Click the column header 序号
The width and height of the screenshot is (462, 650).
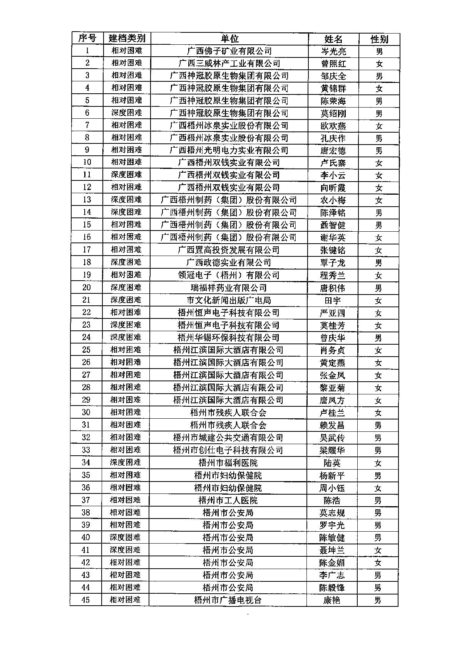[x=87, y=38]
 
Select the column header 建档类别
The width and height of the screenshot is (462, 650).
[x=127, y=38]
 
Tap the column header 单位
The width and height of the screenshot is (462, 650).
[x=229, y=39]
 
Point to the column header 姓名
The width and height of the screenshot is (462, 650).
[x=333, y=39]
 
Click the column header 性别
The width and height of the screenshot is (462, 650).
[x=379, y=39]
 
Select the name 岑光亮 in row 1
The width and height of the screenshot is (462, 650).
[x=333, y=51]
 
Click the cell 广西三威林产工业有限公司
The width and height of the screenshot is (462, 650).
[x=229, y=63]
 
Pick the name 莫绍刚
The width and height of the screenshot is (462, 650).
[x=333, y=113]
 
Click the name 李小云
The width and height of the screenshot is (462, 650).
[x=333, y=175]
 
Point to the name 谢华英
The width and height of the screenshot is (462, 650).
[x=333, y=237]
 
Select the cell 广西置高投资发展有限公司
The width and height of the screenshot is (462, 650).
[x=229, y=250]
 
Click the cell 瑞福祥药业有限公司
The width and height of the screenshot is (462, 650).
[x=229, y=288]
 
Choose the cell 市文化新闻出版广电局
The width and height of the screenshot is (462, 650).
[x=229, y=300]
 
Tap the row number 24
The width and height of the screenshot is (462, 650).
[x=86, y=337]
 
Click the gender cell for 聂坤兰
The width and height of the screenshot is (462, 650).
[x=378, y=550]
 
